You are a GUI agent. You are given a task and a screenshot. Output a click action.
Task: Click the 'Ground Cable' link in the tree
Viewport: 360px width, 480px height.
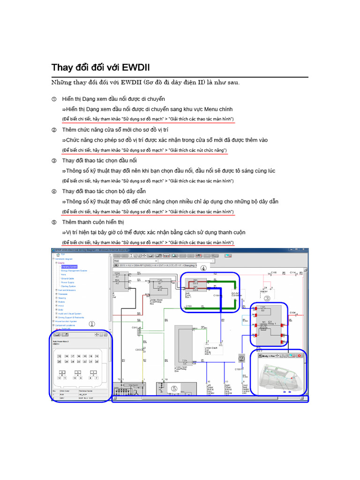(67, 278)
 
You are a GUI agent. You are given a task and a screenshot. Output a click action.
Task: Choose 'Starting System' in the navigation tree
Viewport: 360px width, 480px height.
(68, 286)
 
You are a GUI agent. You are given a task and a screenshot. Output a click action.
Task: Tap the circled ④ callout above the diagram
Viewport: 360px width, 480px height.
(203, 269)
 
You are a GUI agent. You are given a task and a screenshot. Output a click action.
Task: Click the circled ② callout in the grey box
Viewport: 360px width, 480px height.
(242, 359)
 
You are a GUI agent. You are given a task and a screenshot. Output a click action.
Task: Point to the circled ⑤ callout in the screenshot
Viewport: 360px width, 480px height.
(174, 388)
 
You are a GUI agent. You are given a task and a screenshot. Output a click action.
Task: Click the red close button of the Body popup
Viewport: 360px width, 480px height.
(300, 356)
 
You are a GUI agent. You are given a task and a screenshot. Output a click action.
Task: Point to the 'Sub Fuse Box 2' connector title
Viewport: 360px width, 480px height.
(60, 342)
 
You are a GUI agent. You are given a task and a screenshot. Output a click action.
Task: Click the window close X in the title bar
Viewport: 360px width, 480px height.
(305, 250)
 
